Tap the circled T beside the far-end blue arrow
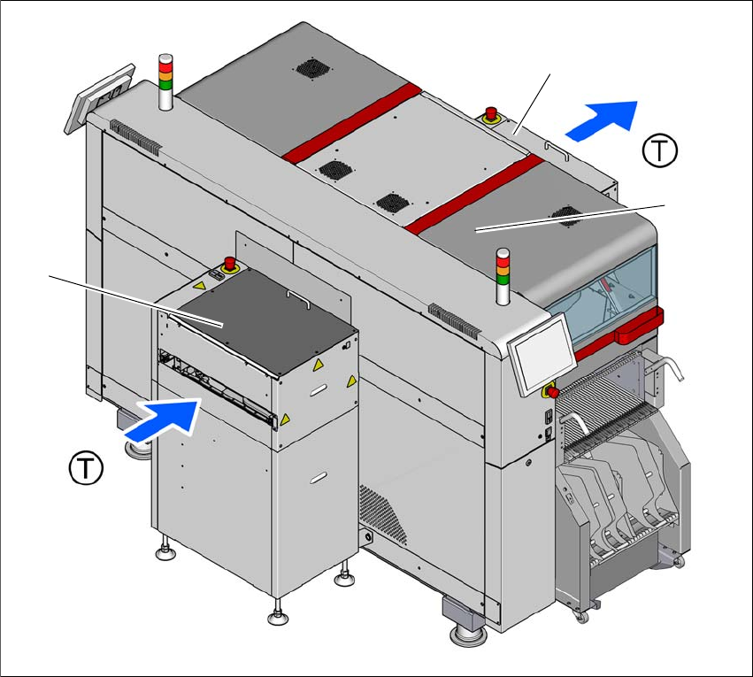click(x=660, y=150)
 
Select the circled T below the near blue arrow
click(x=86, y=467)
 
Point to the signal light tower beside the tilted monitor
click(x=165, y=82)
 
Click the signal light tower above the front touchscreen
click(x=503, y=276)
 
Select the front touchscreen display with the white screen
click(x=542, y=353)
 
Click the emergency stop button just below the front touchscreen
click(x=551, y=391)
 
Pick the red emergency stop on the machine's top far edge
click(x=491, y=115)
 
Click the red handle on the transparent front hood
click(x=639, y=326)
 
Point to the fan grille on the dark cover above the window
click(x=567, y=216)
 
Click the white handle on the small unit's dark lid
click(x=298, y=298)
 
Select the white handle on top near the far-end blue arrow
click(x=557, y=150)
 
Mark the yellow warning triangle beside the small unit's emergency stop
click(x=199, y=285)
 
